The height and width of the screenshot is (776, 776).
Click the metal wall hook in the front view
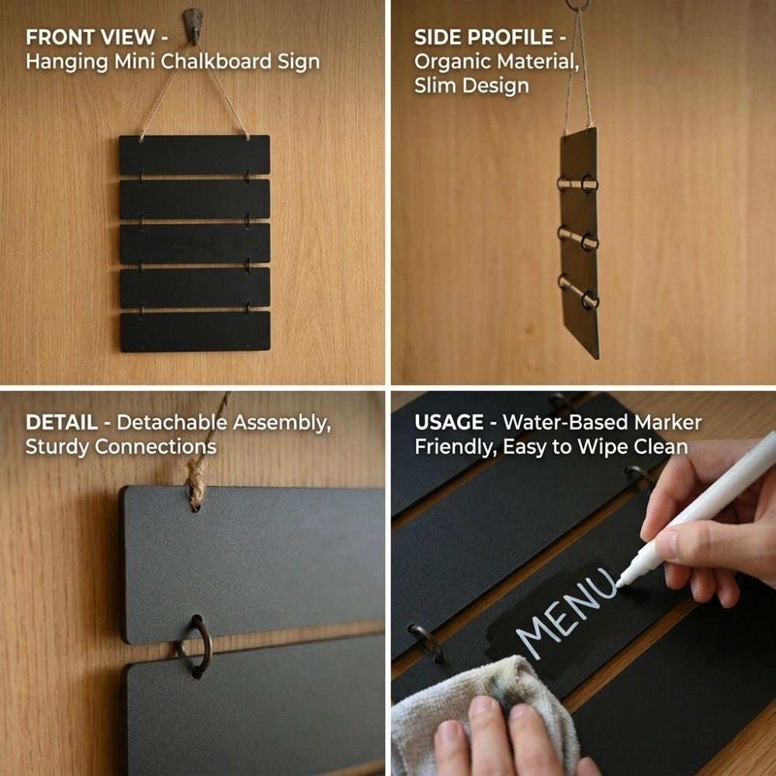pyautogui.click(x=193, y=26)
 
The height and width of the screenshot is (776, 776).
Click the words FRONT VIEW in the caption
pyautogui.click(x=91, y=37)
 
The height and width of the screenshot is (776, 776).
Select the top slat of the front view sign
pyautogui.click(x=195, y=155)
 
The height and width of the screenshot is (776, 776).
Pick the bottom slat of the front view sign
pyautogui.click(x=196, y=331)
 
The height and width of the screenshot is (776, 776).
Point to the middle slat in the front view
pyautogui.click(x=195, y=244)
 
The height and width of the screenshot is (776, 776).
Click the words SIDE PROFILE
pyautogui.click(x=483, y=37)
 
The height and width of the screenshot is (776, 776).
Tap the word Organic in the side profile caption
pyautogui.click(x=451, y=62)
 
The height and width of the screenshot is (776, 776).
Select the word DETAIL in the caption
pyautogui.click(x=61, y=422)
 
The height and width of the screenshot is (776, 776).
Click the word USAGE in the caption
pyautogui.click(x=449, y=422)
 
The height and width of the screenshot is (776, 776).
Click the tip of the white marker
pyautogui.click(x=618, y=584)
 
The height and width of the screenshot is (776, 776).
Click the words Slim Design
pyautogui.click(x=472, y=86)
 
